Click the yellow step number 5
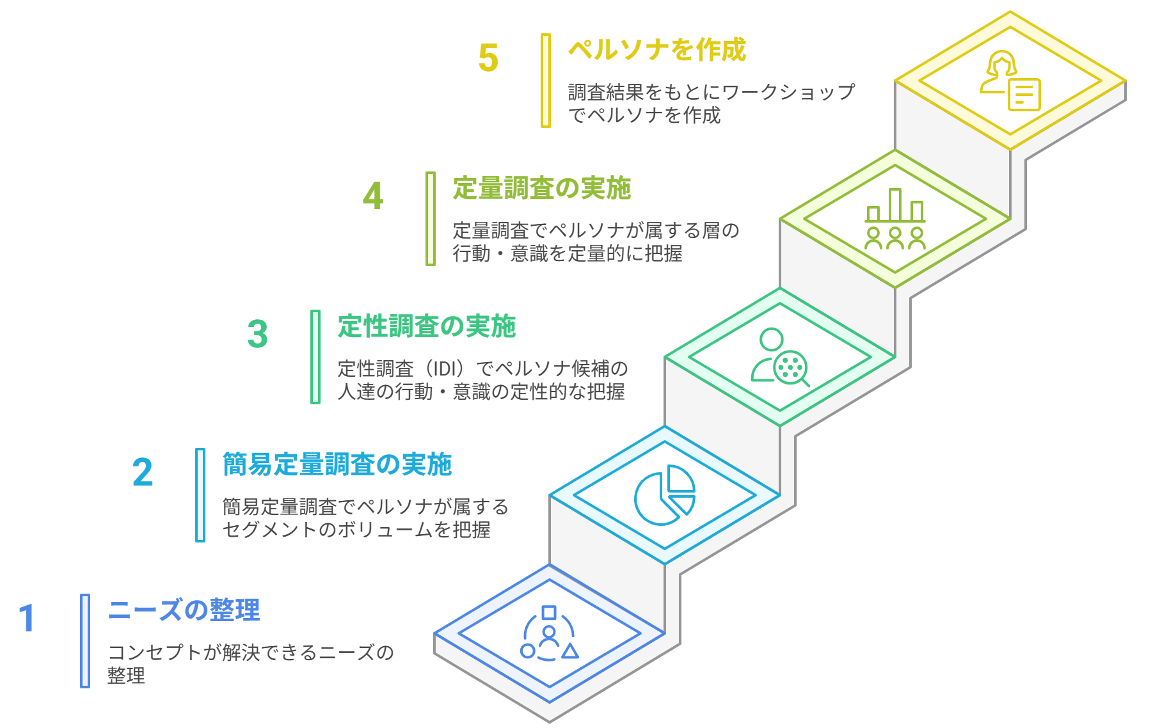tap(488, 58)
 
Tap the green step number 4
tap(373, 196)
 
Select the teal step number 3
tap(257, 335)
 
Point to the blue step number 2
tap(143, 473)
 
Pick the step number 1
tap(27, 619)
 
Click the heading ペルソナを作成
tap(657, 50)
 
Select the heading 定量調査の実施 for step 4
tap(542, 188)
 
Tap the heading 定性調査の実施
tap(427, 326)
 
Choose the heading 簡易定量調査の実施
tap(337, 464)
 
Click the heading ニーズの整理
tap(184, 610)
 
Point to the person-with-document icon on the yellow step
tap(1010, 81)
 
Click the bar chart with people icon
tap(895, 219)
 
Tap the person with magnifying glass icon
tap(779, 358)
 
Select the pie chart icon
tap(664, 495)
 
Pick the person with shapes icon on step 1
tap(549, 633)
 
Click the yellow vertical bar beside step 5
tap(545, 81)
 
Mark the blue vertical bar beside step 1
tap(85, 641)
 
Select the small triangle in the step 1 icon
tap(569, 651)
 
